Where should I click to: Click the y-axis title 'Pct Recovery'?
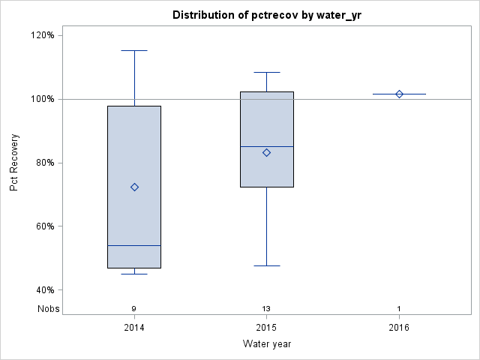tap(14, 163)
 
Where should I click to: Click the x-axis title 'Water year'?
tap(266, 343)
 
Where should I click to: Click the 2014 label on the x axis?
tap(134, 328)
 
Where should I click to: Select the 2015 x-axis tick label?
tap(266, 328)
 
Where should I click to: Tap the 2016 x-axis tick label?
tap(399, 328)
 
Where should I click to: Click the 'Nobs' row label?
tap(46, 308)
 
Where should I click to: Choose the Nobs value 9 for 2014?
tap(134, 309)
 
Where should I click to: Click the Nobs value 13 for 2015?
tap(266, 309)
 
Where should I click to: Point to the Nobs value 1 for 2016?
tap(399, 309)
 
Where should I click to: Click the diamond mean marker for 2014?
tap(134, 187)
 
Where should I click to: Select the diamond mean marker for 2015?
tap(266, 152)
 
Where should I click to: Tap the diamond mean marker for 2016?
tap(399, 94)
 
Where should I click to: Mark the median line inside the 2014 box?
tap(134, 245)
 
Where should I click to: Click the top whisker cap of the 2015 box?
tap(266, 73)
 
